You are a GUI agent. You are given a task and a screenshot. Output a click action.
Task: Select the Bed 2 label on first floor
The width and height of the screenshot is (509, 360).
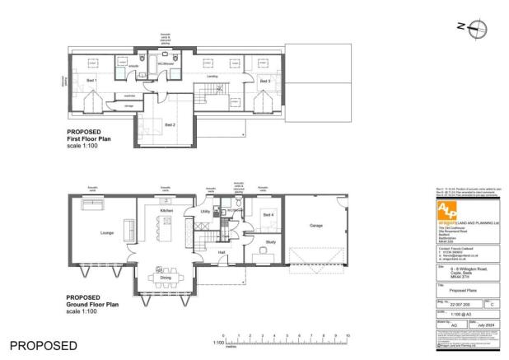pos(170,124)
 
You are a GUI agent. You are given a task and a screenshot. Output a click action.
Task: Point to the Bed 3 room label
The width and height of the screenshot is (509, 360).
pos(264,82)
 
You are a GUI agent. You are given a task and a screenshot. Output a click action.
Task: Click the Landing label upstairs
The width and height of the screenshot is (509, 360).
pos(223,79)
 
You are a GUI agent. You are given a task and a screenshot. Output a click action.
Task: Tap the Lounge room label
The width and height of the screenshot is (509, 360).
pos(106,233)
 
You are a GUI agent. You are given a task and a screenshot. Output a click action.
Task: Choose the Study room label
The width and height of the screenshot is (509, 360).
pos(270,242)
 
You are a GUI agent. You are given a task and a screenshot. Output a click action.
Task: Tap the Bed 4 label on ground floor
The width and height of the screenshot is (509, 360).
pos(267,214)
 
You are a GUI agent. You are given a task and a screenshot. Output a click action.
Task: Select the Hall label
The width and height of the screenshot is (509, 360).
pos(222,253)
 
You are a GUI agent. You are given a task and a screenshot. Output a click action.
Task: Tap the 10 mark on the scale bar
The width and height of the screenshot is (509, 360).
pos(348,337)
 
